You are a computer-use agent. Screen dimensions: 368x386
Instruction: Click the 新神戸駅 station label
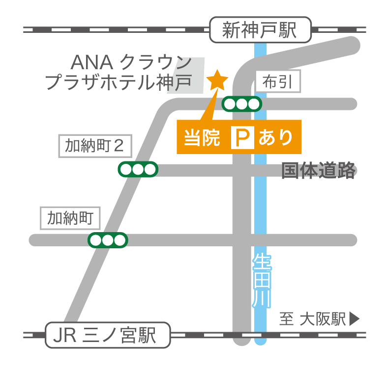(x=260, y=30)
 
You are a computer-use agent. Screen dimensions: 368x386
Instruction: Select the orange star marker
(x=217, y=79)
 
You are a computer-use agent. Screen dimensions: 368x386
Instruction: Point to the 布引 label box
(x=278, y=82)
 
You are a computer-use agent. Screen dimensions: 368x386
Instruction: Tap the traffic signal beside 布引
(x=241, y=104)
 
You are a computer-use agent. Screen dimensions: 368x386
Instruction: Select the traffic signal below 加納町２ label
(x=138, y=169)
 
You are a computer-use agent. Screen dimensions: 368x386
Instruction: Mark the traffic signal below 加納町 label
(x=108, y=240)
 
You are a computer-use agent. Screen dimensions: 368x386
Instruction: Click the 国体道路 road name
(x=318, y=170)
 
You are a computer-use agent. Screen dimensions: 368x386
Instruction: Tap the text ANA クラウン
(x=131, y=62)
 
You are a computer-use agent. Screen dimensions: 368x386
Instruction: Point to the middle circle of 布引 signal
(x=241, y=104)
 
